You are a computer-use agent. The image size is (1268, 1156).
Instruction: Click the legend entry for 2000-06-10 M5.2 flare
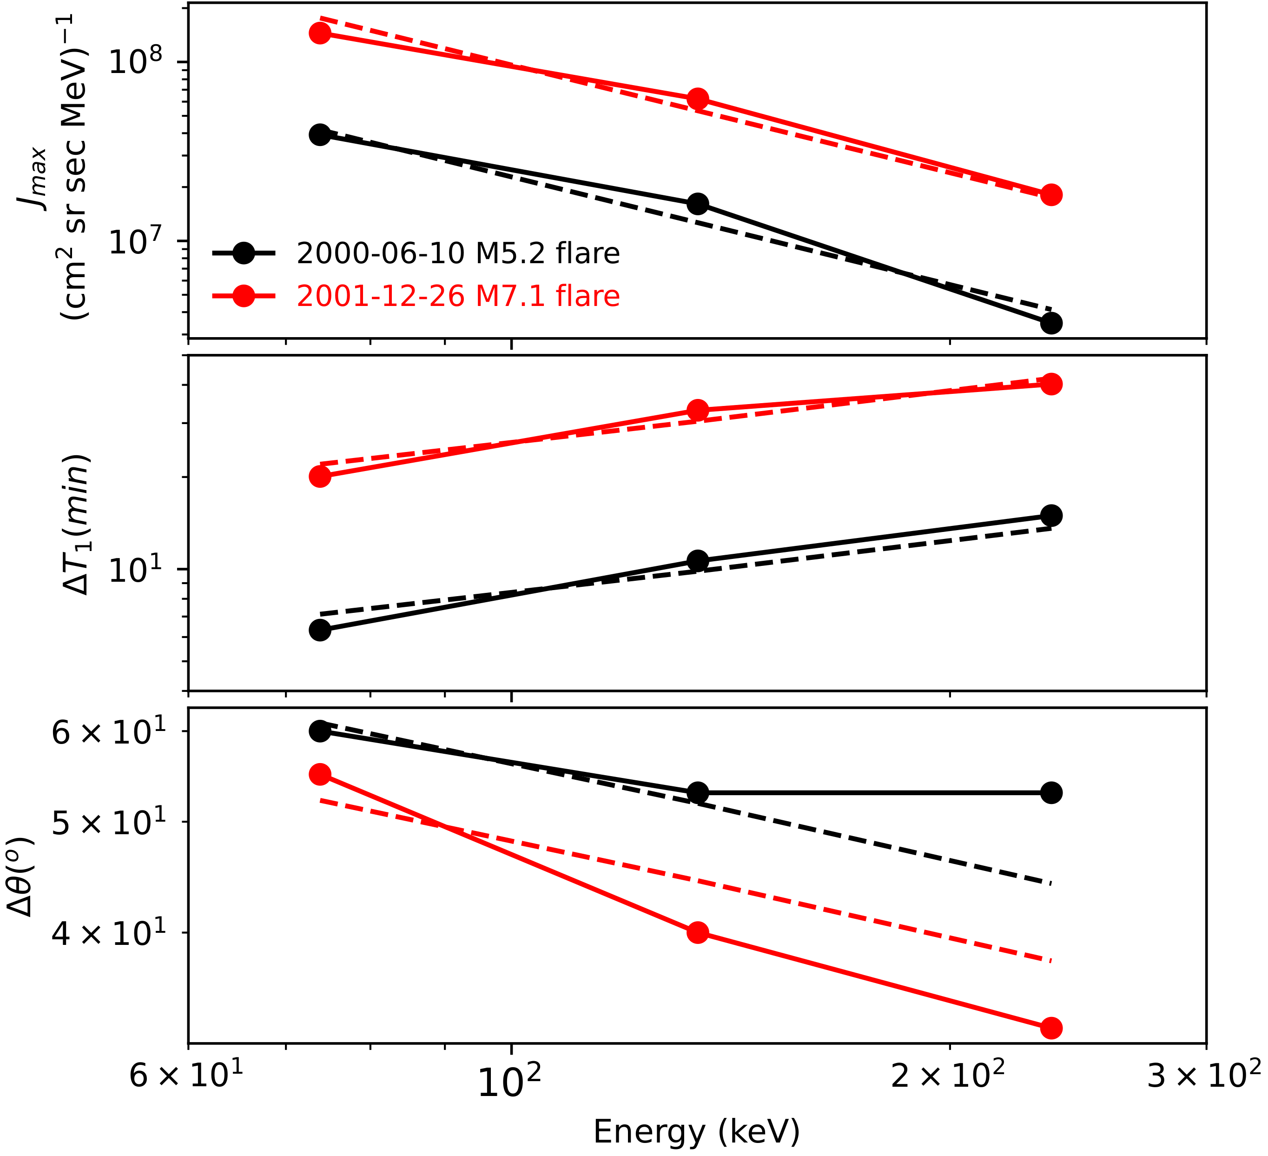(458, 253)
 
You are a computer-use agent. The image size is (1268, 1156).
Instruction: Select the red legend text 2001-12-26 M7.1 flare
(458, 296)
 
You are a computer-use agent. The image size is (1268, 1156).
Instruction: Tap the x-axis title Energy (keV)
(696, 1131)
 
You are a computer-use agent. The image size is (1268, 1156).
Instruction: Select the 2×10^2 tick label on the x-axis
(948, 1074)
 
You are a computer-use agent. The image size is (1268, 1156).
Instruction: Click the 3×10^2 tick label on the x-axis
(1204, 1074)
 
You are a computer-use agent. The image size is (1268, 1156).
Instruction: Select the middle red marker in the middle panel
(697, 410)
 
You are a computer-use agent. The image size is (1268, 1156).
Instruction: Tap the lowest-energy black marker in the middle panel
(320, 630)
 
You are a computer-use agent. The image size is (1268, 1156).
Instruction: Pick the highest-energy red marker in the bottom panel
(1051, 1028)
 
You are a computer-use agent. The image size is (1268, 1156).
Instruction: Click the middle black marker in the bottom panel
(697, 792)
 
